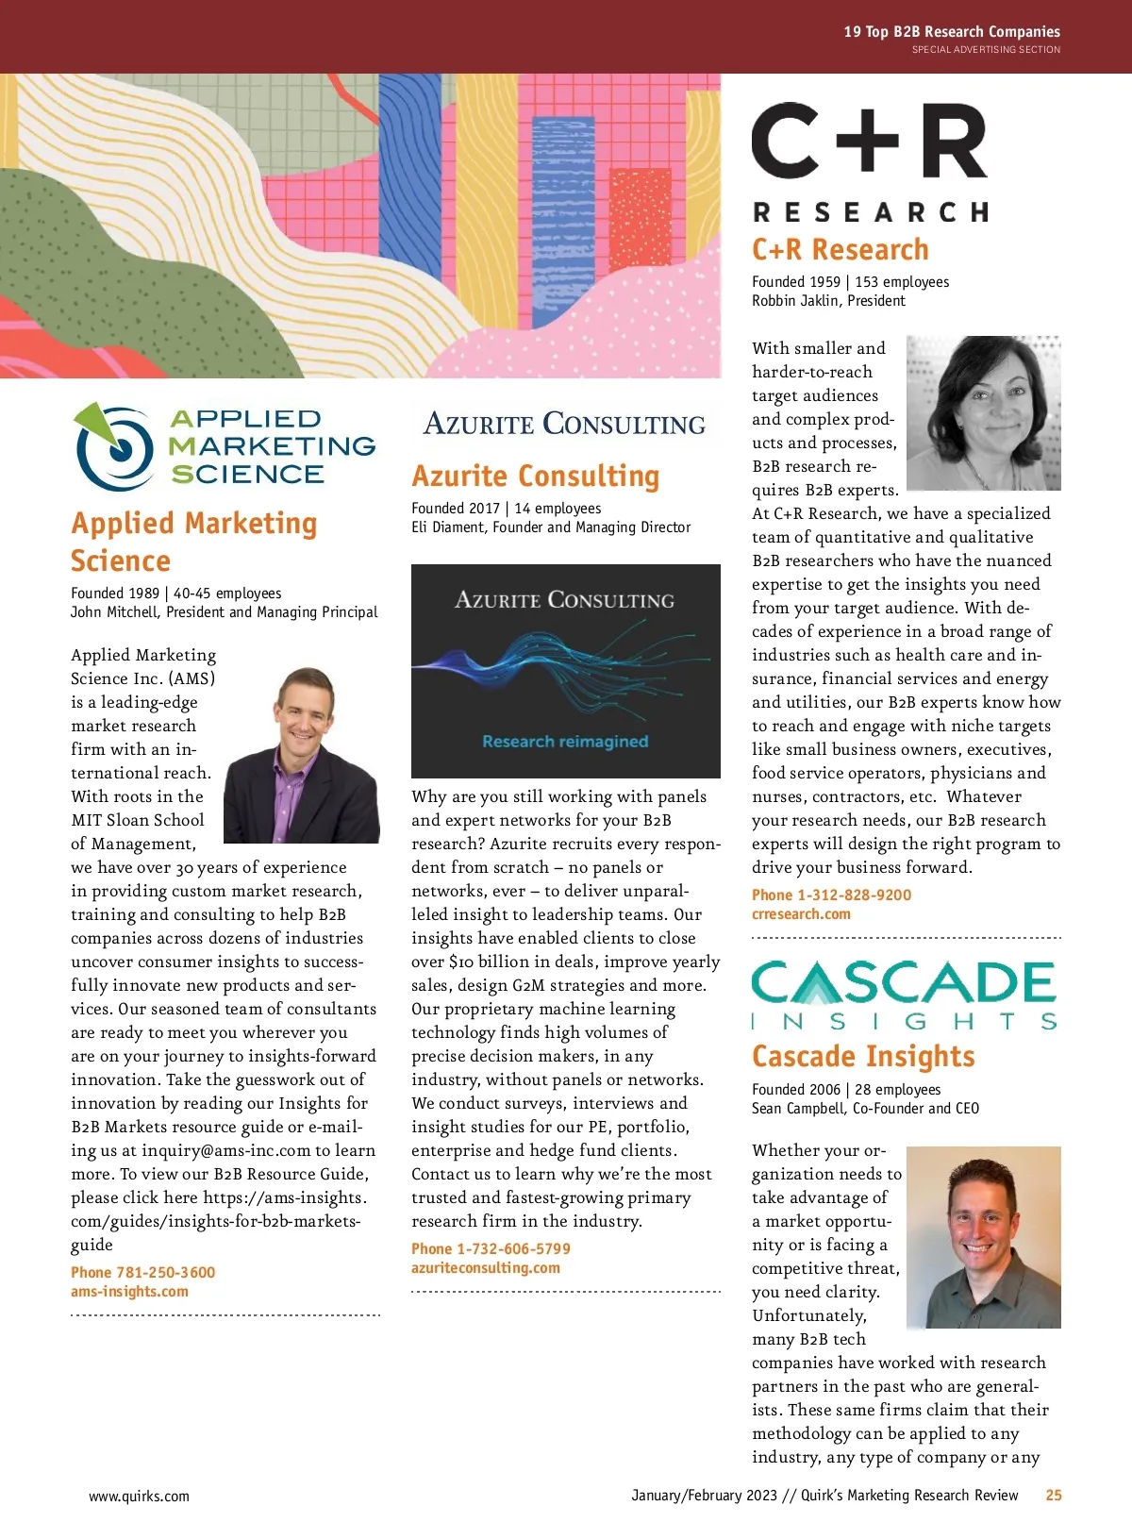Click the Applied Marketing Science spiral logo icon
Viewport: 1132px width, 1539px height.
coord(115,446)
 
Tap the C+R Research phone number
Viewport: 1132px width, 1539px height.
coord(831,895)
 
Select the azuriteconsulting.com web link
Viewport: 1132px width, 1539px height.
coord(485,1268)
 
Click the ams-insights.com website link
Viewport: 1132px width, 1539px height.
coord(129,1292)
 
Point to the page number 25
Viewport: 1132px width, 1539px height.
coord(1054,1496)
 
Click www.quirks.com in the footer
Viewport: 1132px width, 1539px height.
coord(139,1497)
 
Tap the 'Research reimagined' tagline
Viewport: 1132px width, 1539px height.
coord(565,742)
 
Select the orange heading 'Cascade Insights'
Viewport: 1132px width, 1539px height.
coord(863,1056)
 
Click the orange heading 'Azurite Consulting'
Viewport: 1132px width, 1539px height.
coord(535,476)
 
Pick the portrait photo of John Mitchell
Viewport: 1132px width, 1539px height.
coord(302,756)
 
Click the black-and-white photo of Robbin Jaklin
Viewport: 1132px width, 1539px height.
coord(983,413)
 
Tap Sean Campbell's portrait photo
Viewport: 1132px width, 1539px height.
coord(983,1237)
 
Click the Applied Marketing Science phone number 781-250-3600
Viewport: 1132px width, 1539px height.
coord(142,1272)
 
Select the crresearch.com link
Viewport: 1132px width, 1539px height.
coord(801,914)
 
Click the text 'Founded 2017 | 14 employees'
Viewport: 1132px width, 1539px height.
coord(506,509)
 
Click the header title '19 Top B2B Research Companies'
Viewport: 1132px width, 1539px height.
coord(951,32)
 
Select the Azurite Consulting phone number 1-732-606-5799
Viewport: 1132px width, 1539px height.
coord(491,1248)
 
